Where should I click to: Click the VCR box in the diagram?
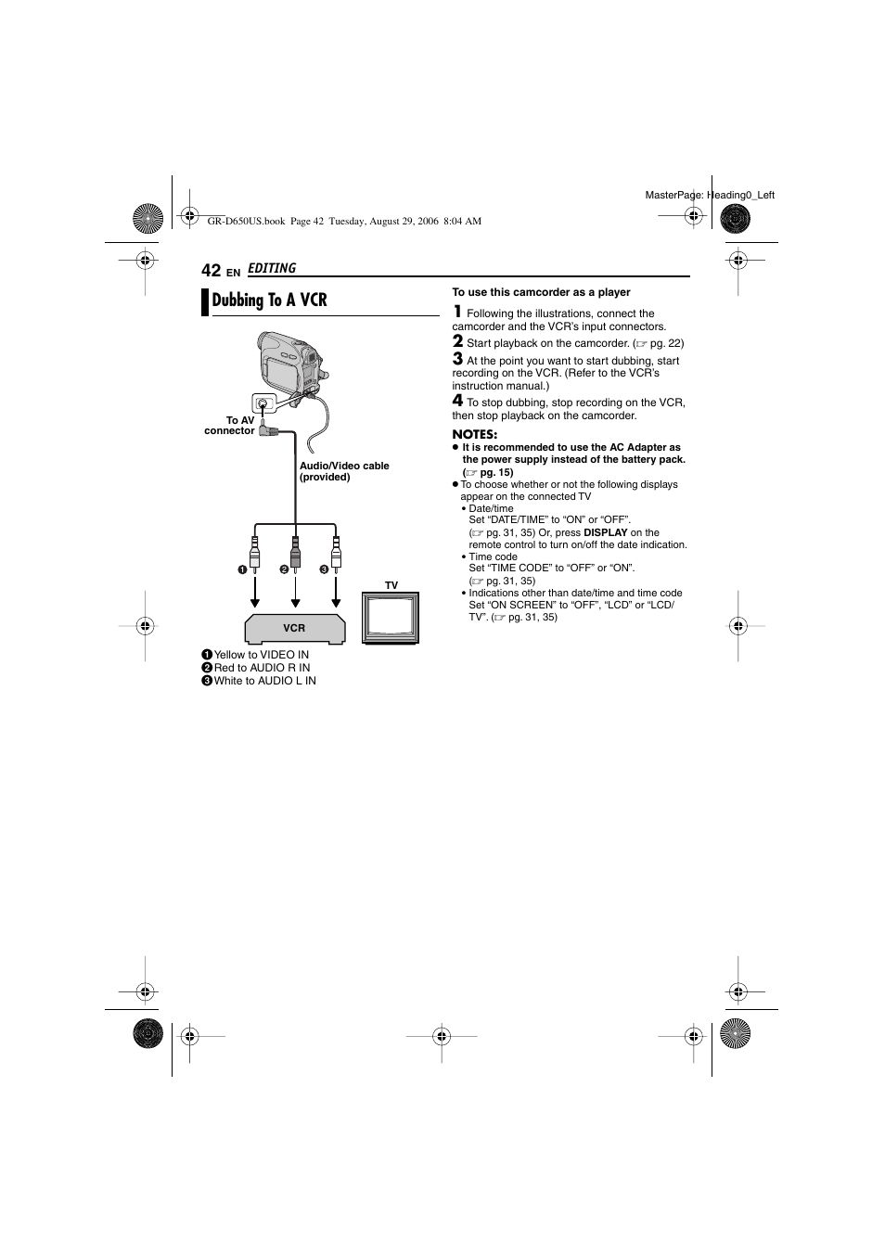(x=294, y=628)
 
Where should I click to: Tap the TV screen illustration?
(x=391, y=618)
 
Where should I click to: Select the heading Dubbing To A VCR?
(x=269, y=300)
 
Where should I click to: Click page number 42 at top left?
(x=211, y=270)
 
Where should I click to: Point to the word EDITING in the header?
(x=272, y=269)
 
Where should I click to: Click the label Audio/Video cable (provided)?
(x=344, y=471)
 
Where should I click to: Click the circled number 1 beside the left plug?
(x=240, y=569)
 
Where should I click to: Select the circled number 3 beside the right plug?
(x=325, y=569)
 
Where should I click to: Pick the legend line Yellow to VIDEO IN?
(x=261, y=655)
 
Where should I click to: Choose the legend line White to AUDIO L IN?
(x=264, y=681)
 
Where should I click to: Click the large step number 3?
(x=457, y=359)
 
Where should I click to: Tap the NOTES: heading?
(x=475, y=434)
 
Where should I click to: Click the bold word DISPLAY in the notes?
(x=605, y=532)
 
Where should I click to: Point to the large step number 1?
(x=457, y=312)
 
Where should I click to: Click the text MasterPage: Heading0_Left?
(x=710, y=195)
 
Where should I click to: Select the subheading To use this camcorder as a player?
(x=541, y=292)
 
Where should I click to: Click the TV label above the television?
(x=391, y=585)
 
